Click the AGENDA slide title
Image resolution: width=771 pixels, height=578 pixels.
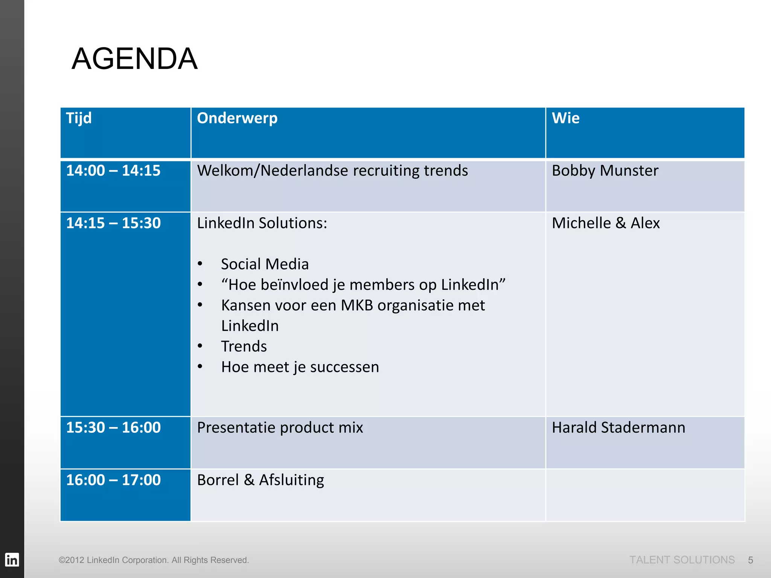click(x=134, y=59)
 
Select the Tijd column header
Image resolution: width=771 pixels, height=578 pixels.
click(x=79, y=118)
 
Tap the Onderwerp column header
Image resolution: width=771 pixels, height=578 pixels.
click(x=237, y=118)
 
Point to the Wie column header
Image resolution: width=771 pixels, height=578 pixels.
click(x=565, y=118)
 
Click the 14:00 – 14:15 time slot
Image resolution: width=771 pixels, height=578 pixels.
click(x=113, y=170)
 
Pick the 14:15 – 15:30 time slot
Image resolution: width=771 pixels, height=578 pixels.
click(x=113, y=223)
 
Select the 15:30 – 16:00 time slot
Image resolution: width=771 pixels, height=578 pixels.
click(x=113, y=427)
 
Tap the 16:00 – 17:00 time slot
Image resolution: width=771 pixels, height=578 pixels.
click(x=113, y=480)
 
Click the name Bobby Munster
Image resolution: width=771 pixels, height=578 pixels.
click(x=605, y=170)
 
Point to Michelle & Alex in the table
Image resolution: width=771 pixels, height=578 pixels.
click(x=606, y=223)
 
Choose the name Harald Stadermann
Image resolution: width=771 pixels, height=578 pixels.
click(x=619, y=427)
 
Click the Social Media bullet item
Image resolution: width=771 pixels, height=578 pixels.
click(x=265, y=264)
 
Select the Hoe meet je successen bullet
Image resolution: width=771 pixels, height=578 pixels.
click(x=300, y=367)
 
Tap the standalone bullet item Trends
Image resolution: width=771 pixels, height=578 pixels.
click(x=244, y=346)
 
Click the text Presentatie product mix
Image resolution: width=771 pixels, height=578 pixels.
click(x=280, y=427)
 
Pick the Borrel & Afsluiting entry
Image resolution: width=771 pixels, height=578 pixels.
click(x=261, y=480)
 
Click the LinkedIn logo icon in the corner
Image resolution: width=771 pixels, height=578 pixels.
click(x=12, y=560)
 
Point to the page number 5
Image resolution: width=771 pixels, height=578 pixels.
click(x=750, y=560)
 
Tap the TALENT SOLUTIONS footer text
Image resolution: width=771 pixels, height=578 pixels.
click(x=682, y=560)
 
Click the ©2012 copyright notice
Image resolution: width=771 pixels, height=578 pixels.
click(x=154, y=560)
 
